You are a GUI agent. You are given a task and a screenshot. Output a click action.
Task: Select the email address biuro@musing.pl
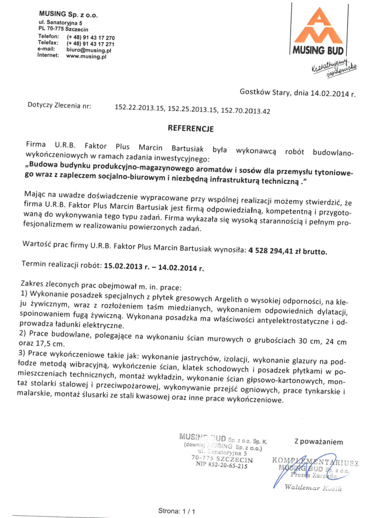[89, 50]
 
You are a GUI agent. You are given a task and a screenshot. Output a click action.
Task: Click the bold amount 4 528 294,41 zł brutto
[288, 251]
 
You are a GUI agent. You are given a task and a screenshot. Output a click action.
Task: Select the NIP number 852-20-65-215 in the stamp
[222, 466]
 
